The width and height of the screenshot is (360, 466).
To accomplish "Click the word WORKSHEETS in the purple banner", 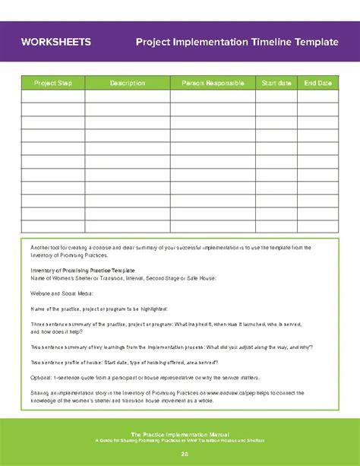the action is coord(57,42).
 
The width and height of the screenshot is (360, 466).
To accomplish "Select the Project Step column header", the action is coord(52,83).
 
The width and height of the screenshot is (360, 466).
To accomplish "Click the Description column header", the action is coord(127,83).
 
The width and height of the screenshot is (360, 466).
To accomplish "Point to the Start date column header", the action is coord(276,83).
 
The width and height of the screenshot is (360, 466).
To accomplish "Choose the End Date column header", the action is coord(317,83).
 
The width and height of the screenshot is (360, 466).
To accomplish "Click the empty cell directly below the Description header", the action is coord(127,96).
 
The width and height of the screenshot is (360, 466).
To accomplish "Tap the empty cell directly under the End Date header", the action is coord(317,96).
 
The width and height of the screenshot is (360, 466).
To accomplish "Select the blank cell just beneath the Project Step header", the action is coord(52,96).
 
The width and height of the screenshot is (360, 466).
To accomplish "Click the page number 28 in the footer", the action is coord(180,454).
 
